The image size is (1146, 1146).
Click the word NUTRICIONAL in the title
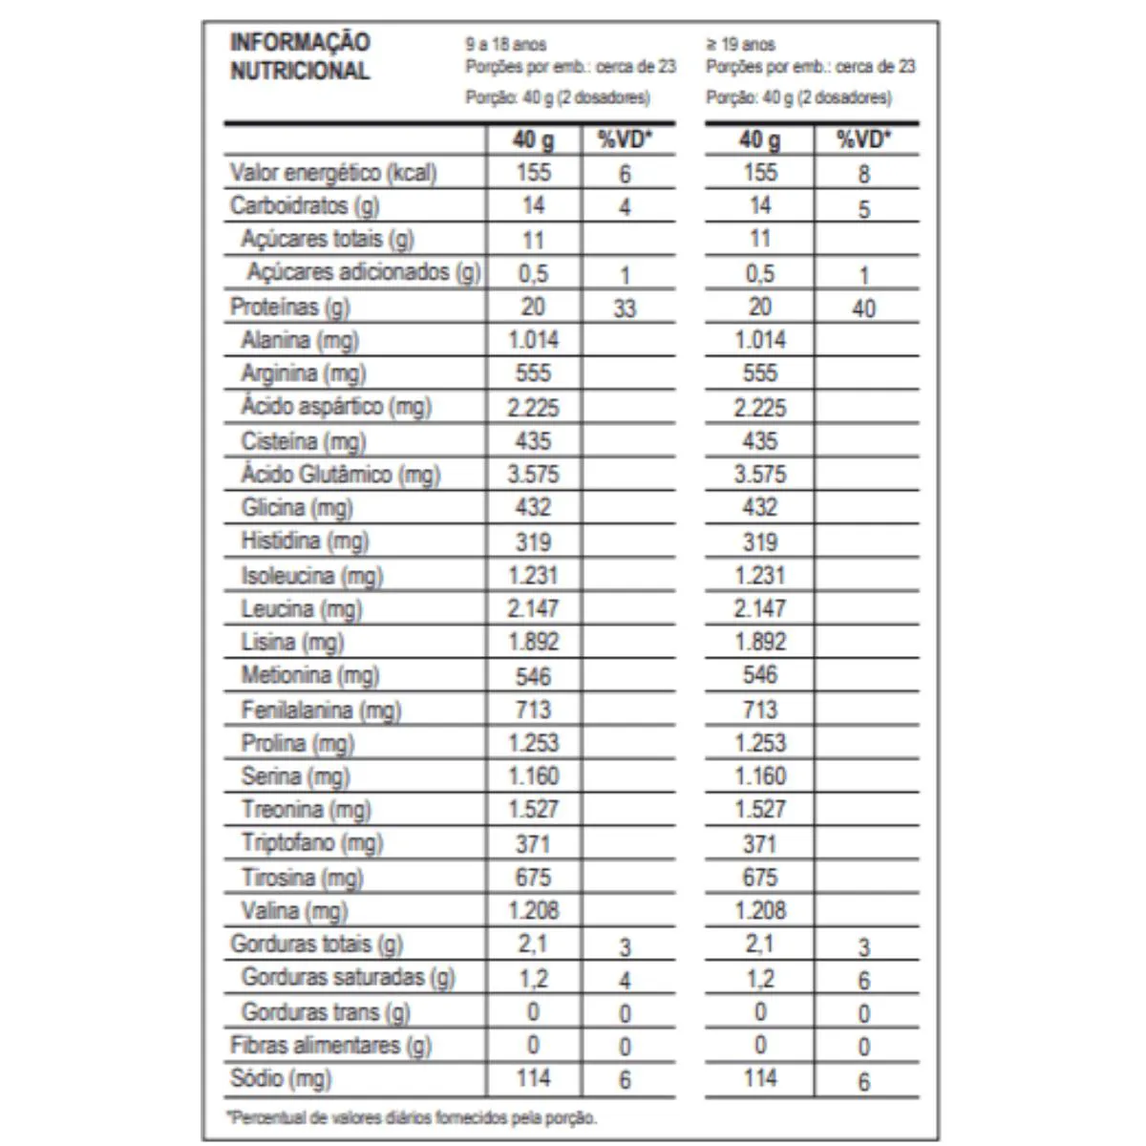point(299,71)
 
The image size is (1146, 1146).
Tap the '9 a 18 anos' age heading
point(506,44)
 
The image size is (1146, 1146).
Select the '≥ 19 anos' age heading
point(741,44)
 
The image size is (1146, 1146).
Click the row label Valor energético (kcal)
point(333,173)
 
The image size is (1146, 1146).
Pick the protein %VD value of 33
point(625,308)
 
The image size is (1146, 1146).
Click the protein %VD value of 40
point(863,308)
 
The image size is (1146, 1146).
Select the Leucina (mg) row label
point(301,609)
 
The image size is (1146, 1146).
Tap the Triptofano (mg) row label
point(311,843)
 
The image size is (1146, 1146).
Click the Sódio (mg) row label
point(281,1078)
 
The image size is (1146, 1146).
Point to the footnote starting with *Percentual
point(412,1117)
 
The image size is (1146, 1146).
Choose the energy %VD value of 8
point(863,175)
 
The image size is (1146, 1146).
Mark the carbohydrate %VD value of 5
point(863,209)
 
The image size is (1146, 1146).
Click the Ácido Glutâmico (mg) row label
point(340,475)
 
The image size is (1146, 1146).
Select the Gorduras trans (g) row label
point(326,1011)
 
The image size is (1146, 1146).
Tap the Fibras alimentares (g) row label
point(330,1045)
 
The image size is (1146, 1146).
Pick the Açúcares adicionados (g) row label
point(363,272)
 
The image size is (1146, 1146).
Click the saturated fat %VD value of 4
point(625,981)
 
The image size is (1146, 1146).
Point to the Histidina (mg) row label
point(304,541)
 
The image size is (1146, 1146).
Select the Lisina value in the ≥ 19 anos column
point(760,642)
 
